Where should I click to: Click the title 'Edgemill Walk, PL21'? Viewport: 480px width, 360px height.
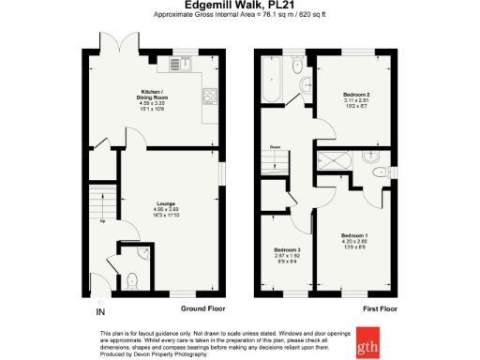pyautogui.click(x=239, y=7)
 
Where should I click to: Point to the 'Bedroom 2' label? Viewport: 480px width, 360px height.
pyautogui.click(x=355, y=96)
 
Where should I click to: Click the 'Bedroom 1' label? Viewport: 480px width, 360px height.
pyautogui.click(x=354, y=234)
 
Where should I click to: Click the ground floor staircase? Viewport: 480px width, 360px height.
pyautogui.click(x=100, y=201)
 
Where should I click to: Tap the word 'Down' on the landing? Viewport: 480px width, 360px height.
pyautogui.click(x=276, y=147)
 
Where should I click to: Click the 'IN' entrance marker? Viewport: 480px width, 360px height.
pyautogui.click(x=100, y=311)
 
